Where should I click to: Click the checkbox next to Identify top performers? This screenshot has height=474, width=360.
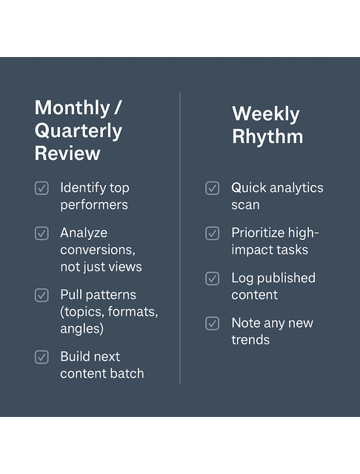click(41, 188)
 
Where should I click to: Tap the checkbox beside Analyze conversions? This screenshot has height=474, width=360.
click(41, 233)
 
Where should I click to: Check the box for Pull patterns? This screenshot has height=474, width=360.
click(41, 295)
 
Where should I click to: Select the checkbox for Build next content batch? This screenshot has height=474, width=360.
click(41, 357)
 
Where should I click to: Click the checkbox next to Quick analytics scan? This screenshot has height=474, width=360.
click(213, 188)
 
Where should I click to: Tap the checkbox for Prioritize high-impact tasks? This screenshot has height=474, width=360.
click(213, 233)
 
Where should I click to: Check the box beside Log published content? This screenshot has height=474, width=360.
click(213, 278)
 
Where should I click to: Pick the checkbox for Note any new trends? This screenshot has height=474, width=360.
click(213, 323)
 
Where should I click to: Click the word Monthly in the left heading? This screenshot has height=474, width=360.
click(71, 107)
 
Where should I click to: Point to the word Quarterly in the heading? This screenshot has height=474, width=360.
click(78, 131)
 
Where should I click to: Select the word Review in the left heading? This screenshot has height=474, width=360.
click(67, 154)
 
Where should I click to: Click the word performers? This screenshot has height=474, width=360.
click(94, 205)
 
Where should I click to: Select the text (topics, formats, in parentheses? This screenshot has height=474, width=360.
click(109, 312)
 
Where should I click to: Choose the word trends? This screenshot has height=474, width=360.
click(250, 340)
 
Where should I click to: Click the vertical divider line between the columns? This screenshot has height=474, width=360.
click(180, 237)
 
